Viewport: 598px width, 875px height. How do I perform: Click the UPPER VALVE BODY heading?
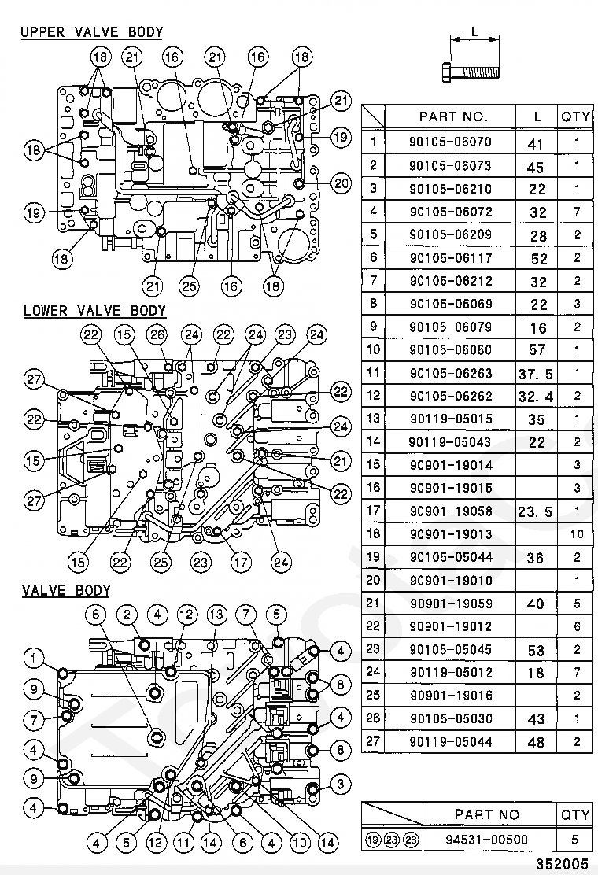point(91,32)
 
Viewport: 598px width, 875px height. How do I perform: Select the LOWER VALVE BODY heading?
point(94,311)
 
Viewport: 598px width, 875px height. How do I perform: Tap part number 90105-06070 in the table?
point(450,142)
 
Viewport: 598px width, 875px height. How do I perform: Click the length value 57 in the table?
point(537,349)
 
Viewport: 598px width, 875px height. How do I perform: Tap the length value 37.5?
point(537,373)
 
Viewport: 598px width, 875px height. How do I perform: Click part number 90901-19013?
point(450,534)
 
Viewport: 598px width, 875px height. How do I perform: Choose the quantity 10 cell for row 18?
point(577,534)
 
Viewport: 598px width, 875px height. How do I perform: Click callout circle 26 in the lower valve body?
point(157,335)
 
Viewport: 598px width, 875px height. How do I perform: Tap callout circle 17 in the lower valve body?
point(240,562)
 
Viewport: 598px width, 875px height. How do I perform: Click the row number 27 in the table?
point(374,741)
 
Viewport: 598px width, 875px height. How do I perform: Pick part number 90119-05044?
point(450,741)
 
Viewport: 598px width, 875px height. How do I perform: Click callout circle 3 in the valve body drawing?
point(340,783)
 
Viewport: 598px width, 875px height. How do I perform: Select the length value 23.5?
point(537,511)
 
